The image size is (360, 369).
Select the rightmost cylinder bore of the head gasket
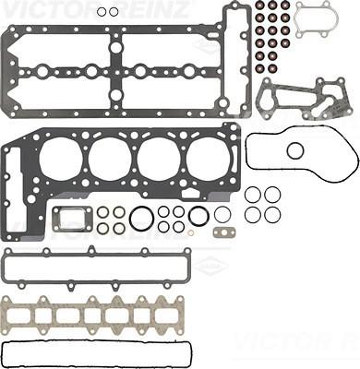[x=208, y=159]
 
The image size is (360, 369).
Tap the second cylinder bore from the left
[x=110, y=159]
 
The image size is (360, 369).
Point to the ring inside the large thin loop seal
[x=294, y=149]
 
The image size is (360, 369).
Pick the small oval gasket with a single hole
[x=222, y=231]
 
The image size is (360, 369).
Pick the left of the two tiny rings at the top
[x=102, y=12]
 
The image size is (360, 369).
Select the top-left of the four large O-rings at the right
[x=253, y=195]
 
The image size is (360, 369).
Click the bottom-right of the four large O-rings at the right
[x=272, y=215]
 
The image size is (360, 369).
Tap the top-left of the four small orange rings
[x=103, y=213]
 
